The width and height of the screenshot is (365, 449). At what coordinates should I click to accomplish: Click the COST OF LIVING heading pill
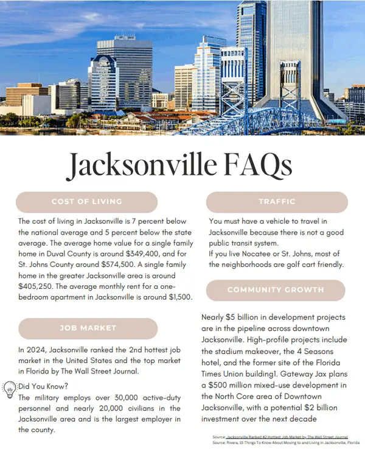tap(86, 202)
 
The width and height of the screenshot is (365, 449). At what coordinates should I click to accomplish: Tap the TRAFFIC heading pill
tap(277, 202)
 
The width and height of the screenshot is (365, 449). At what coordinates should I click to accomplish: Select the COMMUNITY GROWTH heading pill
tap(277, 290)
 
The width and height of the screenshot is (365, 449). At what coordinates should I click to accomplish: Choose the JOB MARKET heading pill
tap(88, 328)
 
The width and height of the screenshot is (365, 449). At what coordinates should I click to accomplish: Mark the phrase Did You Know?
tap(43, 386)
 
